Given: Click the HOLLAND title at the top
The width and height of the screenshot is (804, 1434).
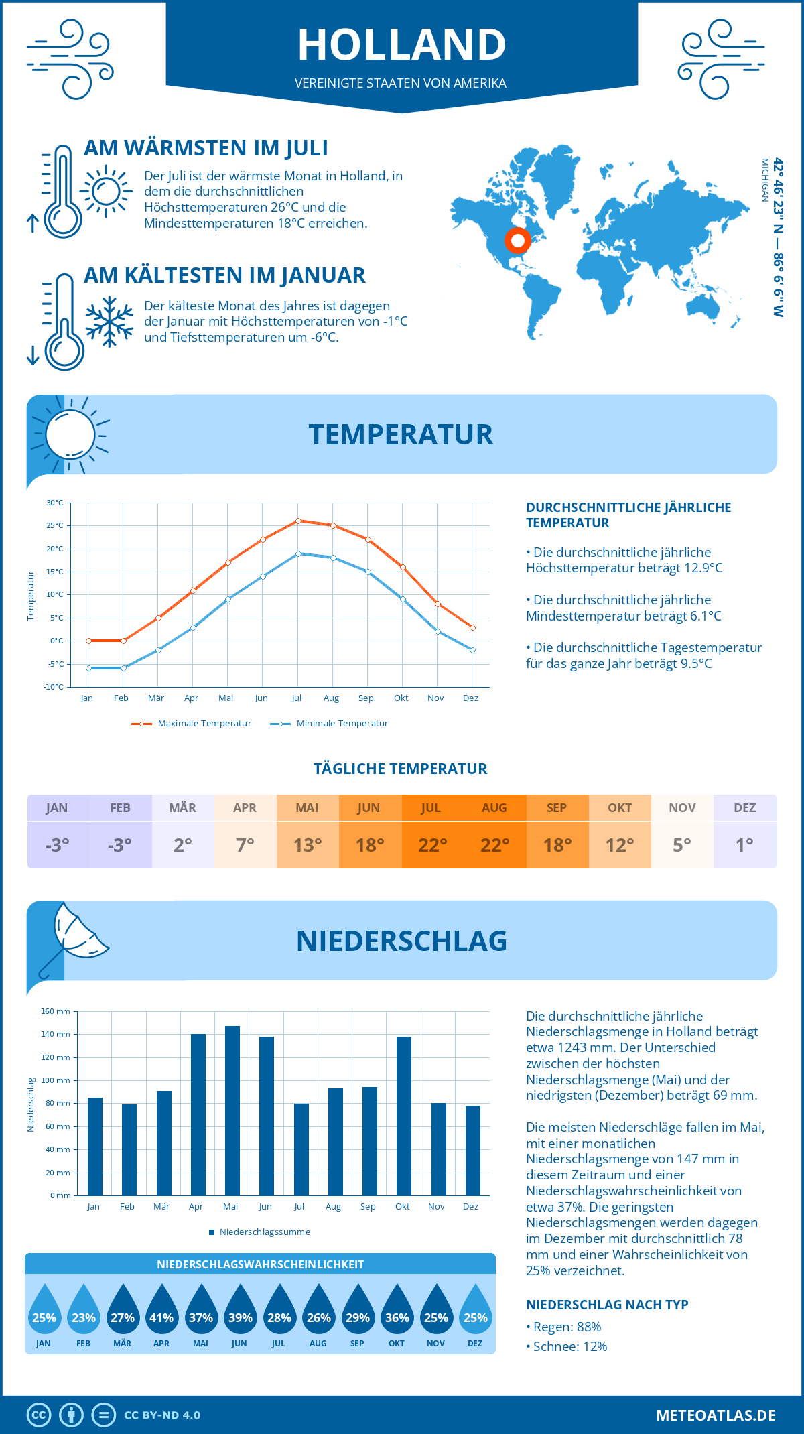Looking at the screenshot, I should pos(402,45).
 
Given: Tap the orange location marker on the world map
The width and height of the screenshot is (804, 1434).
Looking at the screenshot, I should pos(517,240).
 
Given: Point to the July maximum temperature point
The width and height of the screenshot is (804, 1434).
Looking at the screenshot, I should pos(298,521).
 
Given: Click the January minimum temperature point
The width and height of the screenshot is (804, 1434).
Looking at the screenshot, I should pos(88,668).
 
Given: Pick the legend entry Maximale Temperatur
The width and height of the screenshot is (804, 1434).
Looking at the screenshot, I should pos(192,724).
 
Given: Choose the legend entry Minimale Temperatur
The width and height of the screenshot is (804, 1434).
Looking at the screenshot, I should pos(330,724).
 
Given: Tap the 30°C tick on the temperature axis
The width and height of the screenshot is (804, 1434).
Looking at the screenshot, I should pos(55,503).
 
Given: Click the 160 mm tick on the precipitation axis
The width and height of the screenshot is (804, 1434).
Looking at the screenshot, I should pos(56,1011).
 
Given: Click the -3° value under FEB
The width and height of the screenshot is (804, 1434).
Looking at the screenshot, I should pos(120,845).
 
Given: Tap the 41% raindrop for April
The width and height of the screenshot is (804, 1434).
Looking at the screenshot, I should pos(161,1314).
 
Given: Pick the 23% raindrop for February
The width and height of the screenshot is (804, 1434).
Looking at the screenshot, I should pos(83,1314).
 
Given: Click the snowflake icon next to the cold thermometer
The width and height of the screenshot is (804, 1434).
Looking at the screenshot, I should pos(109,322).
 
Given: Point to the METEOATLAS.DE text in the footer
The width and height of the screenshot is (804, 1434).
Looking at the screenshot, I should pos(716,1415).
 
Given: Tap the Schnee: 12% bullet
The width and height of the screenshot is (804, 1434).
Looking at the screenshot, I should pos(569,1346).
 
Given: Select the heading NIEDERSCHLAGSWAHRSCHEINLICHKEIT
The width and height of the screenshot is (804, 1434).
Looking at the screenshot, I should pos(260,1264).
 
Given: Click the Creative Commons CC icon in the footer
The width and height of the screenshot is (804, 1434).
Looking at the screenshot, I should pos(39,1415).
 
